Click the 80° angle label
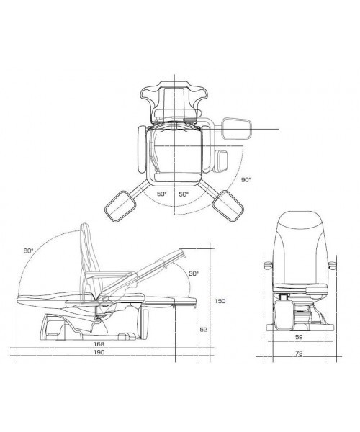tap(28, 251)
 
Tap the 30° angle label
tap(194, 274)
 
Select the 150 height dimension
tap(220, 301)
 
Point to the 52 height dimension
tap(203, 329)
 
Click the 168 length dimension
tap(99, 344)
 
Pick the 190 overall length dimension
tap(99, 352)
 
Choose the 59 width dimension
tap(299, 337)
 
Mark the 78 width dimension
tap(299, 353)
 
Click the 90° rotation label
tap(246, 179)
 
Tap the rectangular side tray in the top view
tap(237, 128)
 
